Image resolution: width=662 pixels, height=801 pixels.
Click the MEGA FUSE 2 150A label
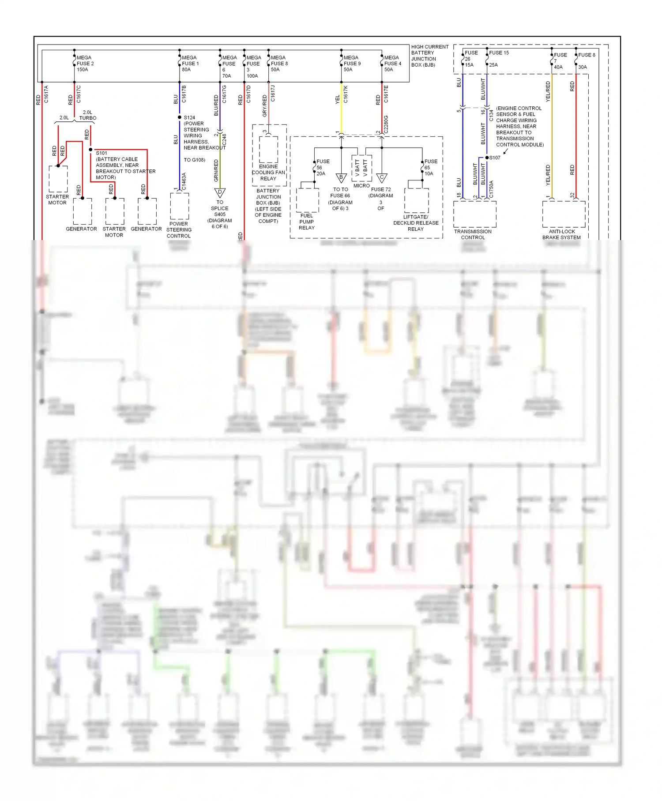point(85,64)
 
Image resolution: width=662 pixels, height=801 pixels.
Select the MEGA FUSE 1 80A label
point(190,64)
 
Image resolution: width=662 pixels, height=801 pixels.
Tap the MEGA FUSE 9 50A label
point(352,64)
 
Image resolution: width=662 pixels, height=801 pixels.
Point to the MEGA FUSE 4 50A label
point(392,64)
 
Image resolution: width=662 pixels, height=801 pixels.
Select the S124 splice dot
point(180,117)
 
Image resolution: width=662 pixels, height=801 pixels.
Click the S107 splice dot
point(487,158)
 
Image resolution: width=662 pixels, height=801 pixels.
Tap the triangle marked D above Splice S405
point(220,193)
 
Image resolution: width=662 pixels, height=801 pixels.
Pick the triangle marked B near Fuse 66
point(341,178)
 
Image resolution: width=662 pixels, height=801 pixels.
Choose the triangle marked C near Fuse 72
point(382,178)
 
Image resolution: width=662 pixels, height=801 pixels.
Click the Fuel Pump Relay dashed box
point(308,200)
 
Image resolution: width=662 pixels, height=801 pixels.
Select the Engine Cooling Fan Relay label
point(268,173)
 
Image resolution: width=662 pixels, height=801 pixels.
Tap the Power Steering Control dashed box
point(180,206)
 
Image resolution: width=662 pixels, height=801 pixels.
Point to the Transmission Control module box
point(475,214)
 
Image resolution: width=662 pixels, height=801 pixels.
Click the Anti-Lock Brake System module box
point(564,214)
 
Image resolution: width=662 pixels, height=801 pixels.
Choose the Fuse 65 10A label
point(431,168)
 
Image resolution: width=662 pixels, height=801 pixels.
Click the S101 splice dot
point(90,150)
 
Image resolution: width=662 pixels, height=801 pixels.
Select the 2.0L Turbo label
point(87,115)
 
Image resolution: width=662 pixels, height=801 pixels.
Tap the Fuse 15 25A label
point(499,58)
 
